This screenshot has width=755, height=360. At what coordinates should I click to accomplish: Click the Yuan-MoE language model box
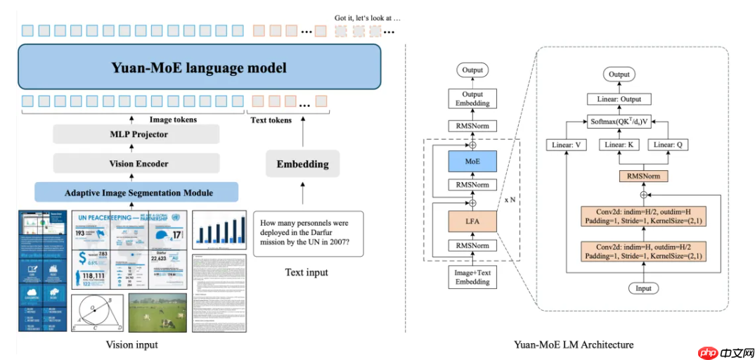tap(199, 67)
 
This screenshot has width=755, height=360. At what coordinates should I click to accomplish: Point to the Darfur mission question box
tap(308, 233)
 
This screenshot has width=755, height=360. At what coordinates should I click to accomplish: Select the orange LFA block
tap(472, 221)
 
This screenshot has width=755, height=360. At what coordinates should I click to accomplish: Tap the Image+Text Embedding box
tap(472, 276)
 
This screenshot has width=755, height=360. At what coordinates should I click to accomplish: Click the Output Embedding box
tap(472, 99)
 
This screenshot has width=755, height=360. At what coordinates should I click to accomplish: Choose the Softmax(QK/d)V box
tap(619, 122)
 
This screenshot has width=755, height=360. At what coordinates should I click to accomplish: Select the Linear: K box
tap(619, 145)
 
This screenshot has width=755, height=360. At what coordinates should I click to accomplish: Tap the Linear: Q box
tap(668, 145)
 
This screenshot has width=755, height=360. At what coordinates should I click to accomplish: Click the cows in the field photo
tap(157, 314)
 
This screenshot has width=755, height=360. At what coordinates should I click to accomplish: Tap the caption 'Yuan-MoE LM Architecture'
tap(574, 345)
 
